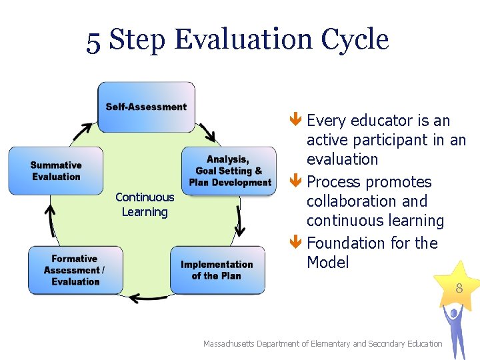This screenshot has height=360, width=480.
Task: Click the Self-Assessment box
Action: tap(146, 107)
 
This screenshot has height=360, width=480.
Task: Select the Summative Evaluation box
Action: tap(56, 171)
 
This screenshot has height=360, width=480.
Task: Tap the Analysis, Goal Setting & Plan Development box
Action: tap(229, 171)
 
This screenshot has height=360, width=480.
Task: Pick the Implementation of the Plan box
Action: tap(217, 270)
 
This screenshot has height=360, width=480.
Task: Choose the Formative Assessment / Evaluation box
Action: tap(75, 270)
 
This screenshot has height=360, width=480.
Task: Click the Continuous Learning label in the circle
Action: tap(145, 205)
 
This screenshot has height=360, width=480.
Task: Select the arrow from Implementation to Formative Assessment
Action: tap(147, 297)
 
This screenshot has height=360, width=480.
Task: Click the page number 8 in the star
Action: tap(459, 289)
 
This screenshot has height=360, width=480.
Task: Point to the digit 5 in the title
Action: tap(94, 41)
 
